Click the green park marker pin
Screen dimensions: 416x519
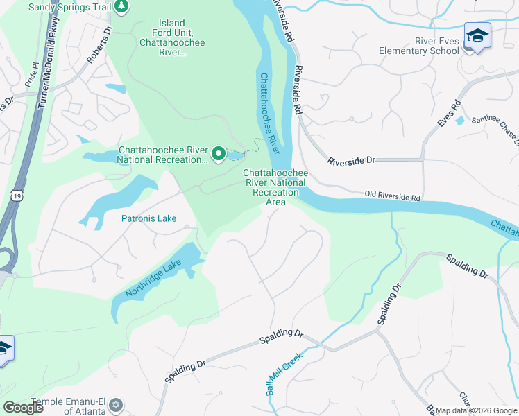click(219, 154)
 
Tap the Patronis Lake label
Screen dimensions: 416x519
click(148, 218)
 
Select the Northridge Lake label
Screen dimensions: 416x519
click(153, 279)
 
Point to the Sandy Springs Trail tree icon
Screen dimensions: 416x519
click(122, 7)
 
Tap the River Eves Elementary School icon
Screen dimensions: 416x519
click(477, 36)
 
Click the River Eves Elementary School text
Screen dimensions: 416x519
click(419, 45)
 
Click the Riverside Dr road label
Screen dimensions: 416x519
click(351, 160)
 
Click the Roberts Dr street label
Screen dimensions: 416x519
click(99, 46)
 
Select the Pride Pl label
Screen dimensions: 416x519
click(32, 73)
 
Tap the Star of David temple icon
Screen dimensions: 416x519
click(116, 404)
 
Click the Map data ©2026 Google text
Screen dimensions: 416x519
click(476, 410)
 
